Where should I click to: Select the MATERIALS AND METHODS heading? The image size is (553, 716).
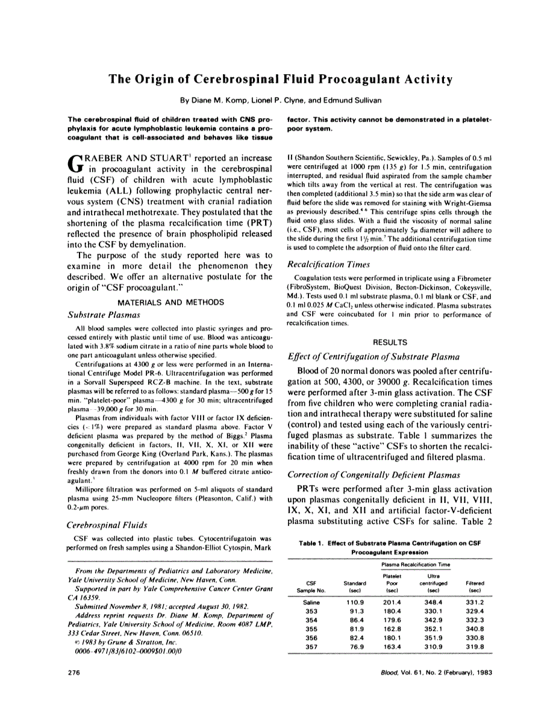pyautogui.click(x=171, y=301)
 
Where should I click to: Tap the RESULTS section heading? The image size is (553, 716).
pyautogui.click(x=390, y=341)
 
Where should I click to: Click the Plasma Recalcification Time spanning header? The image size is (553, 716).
pyautogui.click(x=416, y=564)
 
